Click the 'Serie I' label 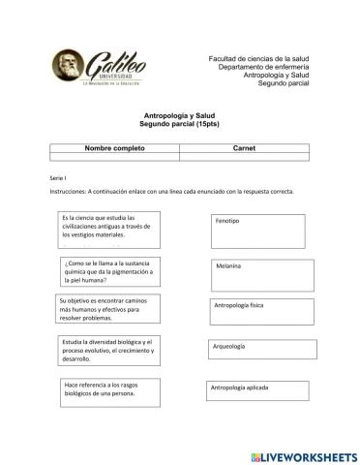coord(56,179)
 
